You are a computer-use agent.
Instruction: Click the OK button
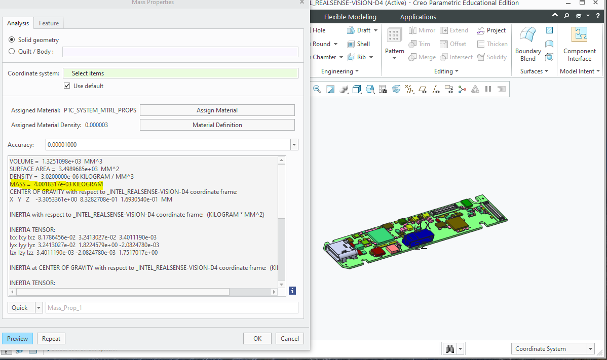point(257,339)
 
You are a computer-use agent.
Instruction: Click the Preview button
point(17,339)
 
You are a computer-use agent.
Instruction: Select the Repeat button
point(51,339)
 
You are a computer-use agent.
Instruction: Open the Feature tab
point(49,23)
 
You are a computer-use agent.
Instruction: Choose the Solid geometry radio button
point(12,39)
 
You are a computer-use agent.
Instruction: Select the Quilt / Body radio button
point(12,51)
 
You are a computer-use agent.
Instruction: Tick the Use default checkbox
point(67,86)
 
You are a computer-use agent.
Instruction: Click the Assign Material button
point(217,110)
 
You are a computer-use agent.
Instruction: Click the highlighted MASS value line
point(56,184)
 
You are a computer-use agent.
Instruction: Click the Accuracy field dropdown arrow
point(294,145)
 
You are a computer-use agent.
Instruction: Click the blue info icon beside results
point(292,291)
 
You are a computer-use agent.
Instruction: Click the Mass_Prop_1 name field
point(172,307)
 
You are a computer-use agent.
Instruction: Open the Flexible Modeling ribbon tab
point(350,17)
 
